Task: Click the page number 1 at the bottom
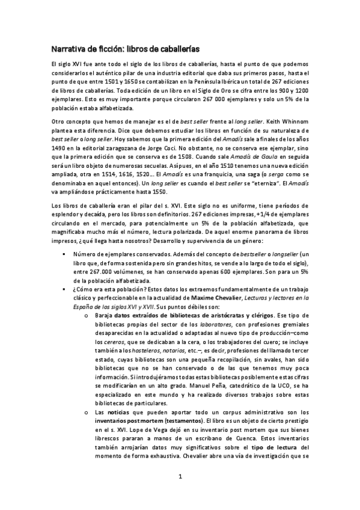point(180,494)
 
